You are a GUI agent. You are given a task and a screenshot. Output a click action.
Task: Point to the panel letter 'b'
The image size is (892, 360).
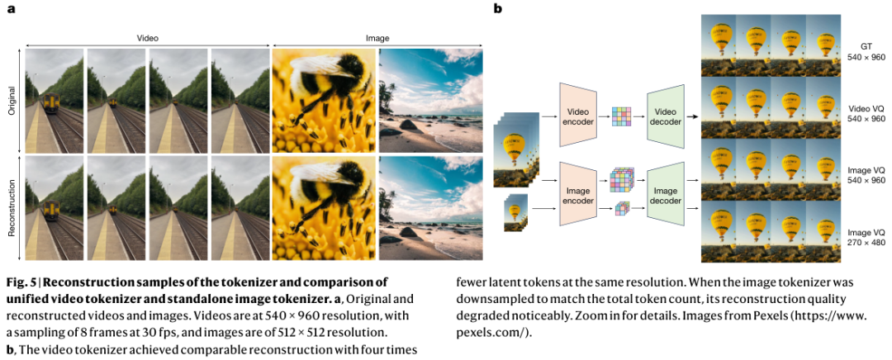click(x=497, y=10)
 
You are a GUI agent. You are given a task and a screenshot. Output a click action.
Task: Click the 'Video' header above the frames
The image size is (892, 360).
click(x=147, y=38)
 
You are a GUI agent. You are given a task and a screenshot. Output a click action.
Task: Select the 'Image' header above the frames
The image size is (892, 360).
click(x=377, y=38)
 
